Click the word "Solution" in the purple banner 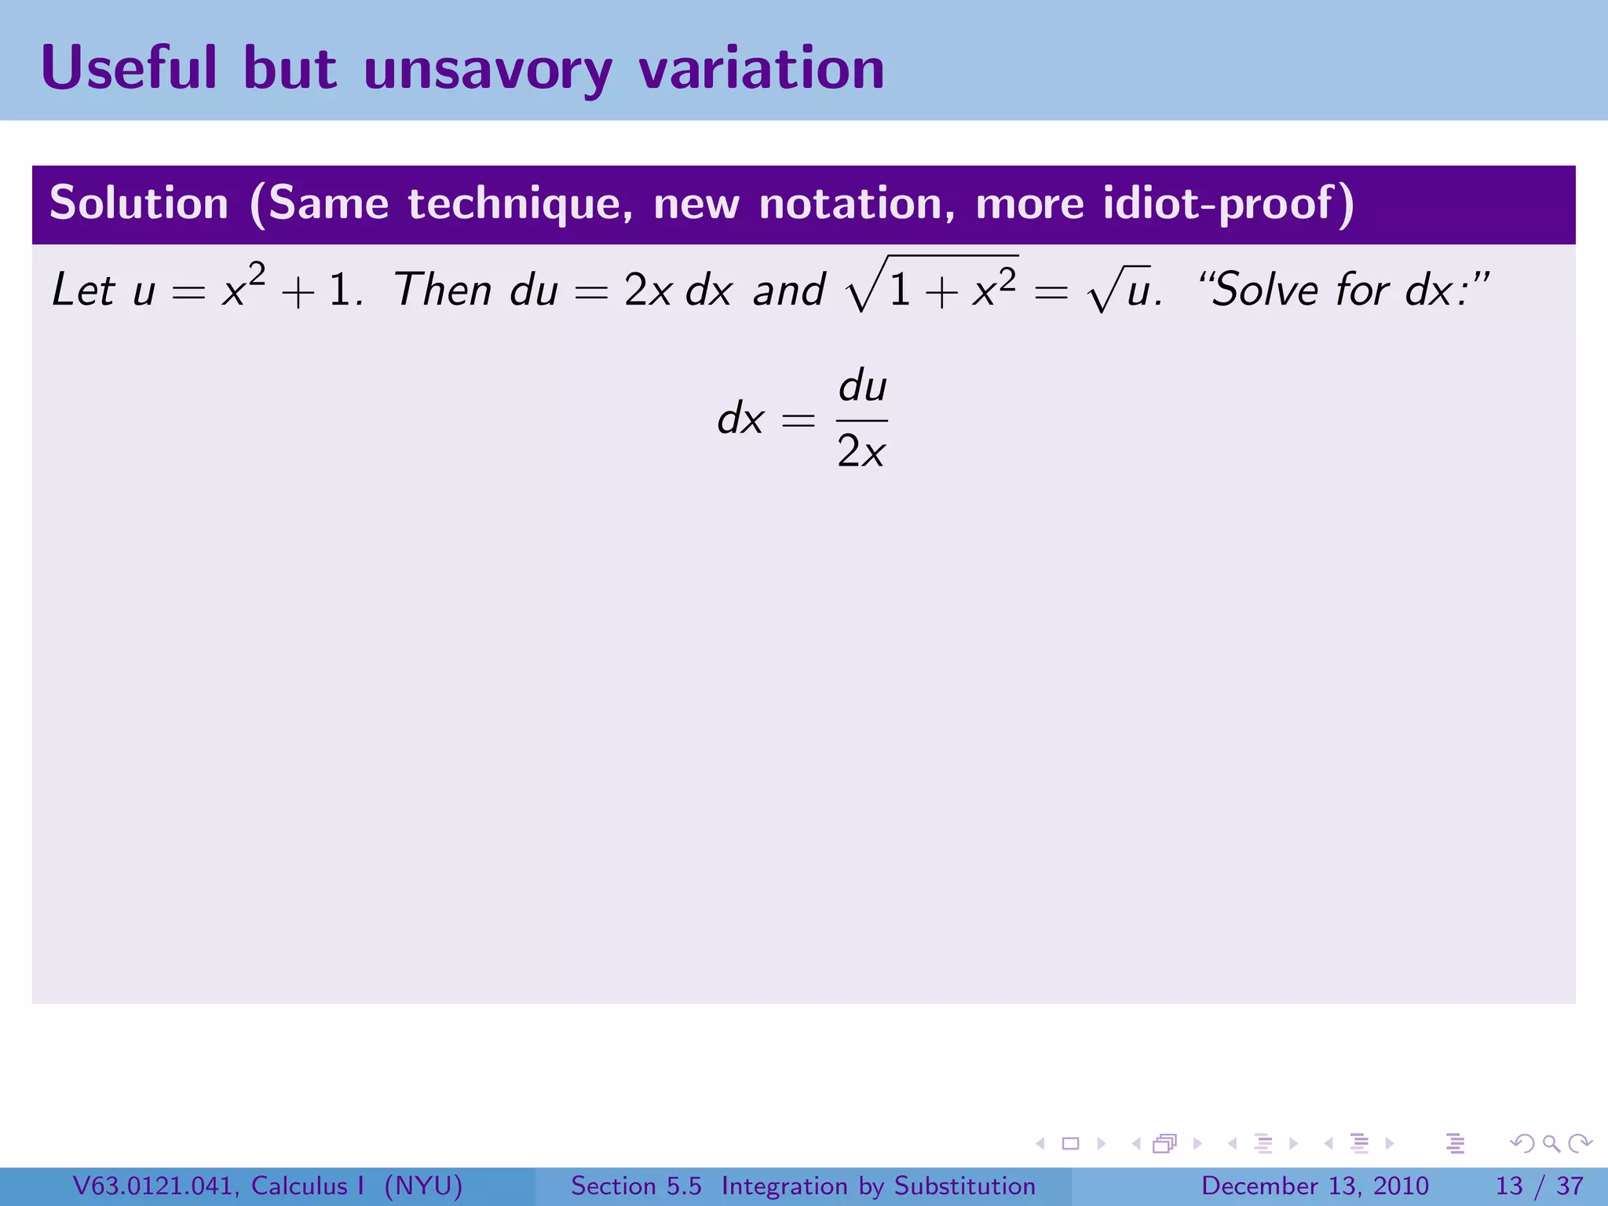[x=139, y=203]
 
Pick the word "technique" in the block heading [x=520, y=203]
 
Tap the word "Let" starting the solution [x=83, y=290]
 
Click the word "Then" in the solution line [x=443, y=290]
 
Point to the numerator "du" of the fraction [x=862, y=387]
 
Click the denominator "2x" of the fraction [x=861, y=451]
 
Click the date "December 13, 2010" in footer [x=1314, y=1186]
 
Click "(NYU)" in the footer [x=423, y=1186]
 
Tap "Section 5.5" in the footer [x=636, y=1186]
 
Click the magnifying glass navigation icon [x=1551, y=1143]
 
